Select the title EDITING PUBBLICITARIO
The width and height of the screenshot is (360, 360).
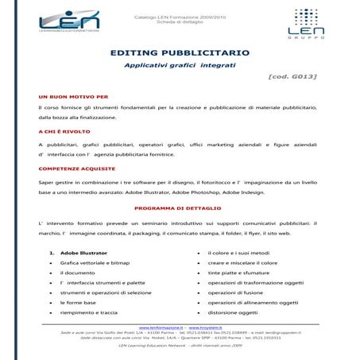[180, 52]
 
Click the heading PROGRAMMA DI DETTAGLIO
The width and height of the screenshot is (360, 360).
[179, 208]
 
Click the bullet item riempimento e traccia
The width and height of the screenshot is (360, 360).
[89, 312]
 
